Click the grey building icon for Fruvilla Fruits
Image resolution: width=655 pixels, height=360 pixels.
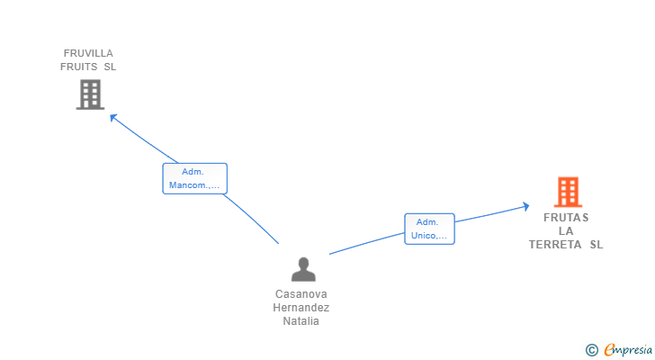(90, 94)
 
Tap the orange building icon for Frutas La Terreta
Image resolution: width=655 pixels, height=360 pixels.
(568, 192)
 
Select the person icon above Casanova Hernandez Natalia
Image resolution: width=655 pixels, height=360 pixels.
(303, 269)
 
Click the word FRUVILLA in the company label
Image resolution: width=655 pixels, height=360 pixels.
(88, 53)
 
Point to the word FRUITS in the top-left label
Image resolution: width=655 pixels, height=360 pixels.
(79, 67)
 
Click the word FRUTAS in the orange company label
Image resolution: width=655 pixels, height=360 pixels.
(566, 218)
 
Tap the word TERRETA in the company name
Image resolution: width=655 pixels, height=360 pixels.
(555, 244)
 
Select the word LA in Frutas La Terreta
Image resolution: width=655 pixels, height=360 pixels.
(566, 231)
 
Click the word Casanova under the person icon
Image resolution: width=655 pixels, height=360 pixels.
(301, 294)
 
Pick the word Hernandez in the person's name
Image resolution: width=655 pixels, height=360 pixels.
(301, 308)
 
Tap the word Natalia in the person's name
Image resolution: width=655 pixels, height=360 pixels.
(301, 320)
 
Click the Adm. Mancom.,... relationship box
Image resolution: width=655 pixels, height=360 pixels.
(194, 179)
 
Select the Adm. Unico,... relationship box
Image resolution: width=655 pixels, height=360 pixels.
(429, 229)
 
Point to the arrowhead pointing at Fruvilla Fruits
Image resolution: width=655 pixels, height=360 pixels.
(112, 117)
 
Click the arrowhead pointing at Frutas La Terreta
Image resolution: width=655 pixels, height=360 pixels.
(526, 206)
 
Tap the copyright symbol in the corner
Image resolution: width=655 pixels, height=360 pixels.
(591, 350)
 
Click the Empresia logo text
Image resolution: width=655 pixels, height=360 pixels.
(628, 350)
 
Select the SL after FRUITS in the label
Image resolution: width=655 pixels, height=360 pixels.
(110, 67)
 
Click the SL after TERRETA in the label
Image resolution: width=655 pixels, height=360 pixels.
(597, 244)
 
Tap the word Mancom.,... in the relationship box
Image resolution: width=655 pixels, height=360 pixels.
(194, 185)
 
